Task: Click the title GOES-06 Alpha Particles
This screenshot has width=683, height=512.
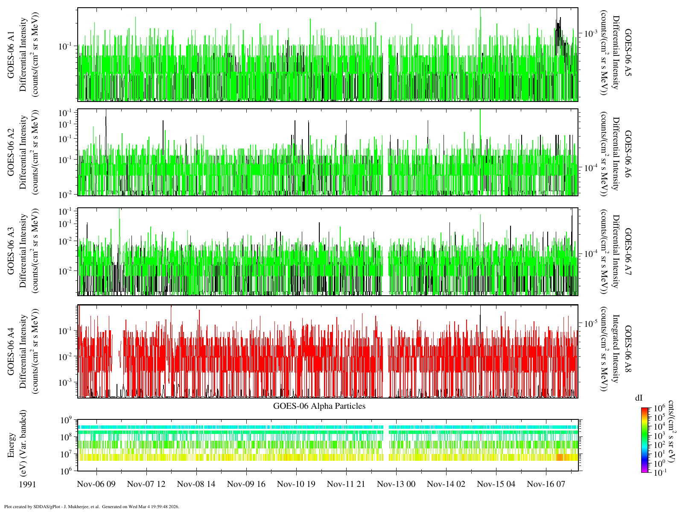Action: tap(319, 406)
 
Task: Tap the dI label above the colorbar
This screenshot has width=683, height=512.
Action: tap(639, 398)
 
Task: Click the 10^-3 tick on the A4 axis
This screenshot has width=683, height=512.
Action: tap(66, 382)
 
